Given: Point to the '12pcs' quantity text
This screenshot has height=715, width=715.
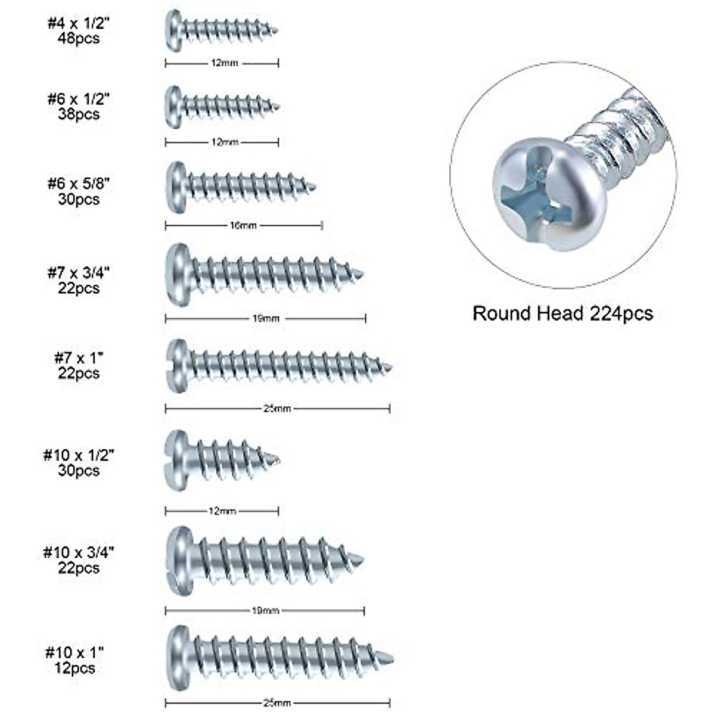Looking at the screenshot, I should [75, 668].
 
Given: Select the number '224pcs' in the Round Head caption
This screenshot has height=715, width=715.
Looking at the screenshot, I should [621, 313].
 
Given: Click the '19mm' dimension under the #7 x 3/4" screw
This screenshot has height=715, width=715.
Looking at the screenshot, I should [265, 319].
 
